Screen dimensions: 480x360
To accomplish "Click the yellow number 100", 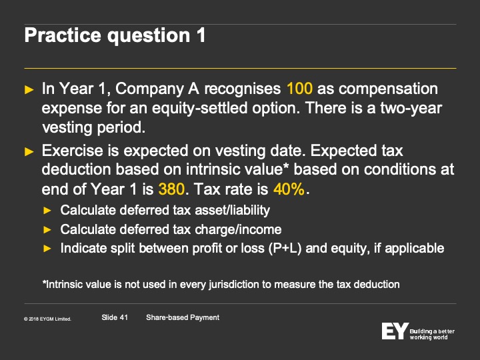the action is click(x=300, y=89).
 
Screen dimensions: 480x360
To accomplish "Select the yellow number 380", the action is click(x=171, y=189).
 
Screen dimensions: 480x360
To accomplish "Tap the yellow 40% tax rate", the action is click(x=289, y=189).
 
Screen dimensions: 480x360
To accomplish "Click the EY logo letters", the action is click(x=395, y=331).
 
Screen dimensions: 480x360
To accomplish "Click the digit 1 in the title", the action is click(x=201, y=35).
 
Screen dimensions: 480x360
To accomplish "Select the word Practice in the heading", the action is click(x=63, y=35).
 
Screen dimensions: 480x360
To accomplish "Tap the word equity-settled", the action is click(x=199, y=108).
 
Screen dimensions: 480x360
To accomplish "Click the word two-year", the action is click(x=411, y=108).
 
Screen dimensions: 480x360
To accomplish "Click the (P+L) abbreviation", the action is click(x=285, y=248).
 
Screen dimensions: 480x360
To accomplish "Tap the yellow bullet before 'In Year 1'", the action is click(x=29, y=89).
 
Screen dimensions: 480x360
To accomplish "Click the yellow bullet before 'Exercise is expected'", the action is click(x=29, y=151).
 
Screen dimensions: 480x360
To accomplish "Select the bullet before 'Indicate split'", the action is click(x=47, y=248).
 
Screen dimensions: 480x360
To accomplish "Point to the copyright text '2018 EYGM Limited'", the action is click(x=47, y=319).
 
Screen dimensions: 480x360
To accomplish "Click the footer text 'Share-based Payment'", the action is click(x=183, y=318).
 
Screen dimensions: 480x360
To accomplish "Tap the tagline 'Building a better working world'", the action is click(x=432, y=334).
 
